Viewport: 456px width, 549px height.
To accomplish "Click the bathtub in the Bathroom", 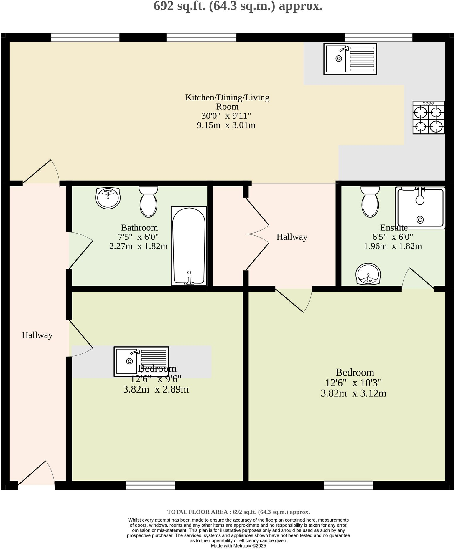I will click(189, 246).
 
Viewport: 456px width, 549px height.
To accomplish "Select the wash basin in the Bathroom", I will click(108, 198).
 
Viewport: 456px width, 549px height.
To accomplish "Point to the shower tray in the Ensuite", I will click(420, 208).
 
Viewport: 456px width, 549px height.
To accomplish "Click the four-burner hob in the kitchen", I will click(428, 118).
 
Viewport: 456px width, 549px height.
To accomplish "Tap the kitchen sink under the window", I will click(350, 59).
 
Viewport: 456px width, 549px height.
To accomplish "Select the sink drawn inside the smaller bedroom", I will click(141, 361).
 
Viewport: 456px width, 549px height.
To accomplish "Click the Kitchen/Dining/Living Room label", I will click(227, 102).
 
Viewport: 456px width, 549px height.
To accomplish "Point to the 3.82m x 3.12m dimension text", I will click(353, 393).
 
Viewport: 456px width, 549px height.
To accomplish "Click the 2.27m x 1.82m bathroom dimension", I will click(138, 246).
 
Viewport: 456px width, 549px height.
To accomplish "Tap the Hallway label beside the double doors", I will click(292, 237).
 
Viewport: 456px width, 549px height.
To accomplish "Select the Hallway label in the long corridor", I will click(37, 335).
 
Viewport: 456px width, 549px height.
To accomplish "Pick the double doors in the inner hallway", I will click(257, 234).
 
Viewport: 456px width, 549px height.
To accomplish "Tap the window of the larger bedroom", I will click(348, 485).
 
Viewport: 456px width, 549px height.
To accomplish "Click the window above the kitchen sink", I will click(378, 37).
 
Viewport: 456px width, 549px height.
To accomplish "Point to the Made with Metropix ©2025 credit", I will click(238, 546).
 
